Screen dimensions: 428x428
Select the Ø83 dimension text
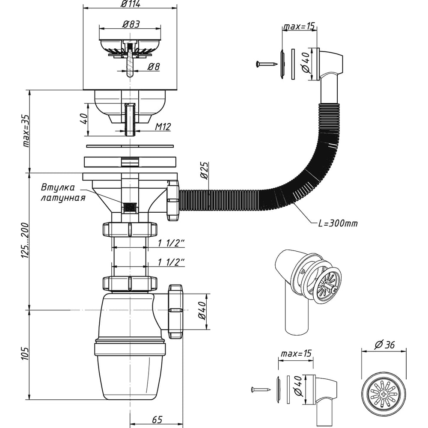pyautogui.click(x=131, y=24)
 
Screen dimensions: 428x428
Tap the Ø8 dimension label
pyautogui.click(x=154, y=66)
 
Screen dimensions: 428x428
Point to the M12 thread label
pyautogui.click(x=163, y=127)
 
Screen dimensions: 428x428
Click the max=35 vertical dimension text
pyautogui.click(x=26, y=131)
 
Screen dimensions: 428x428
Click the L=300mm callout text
pyautogui.click(x=338, y=223)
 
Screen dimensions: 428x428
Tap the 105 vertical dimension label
pyautogui.click(x=25, y=354)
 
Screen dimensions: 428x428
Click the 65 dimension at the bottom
pyautogui.click(x=157, y=419)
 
